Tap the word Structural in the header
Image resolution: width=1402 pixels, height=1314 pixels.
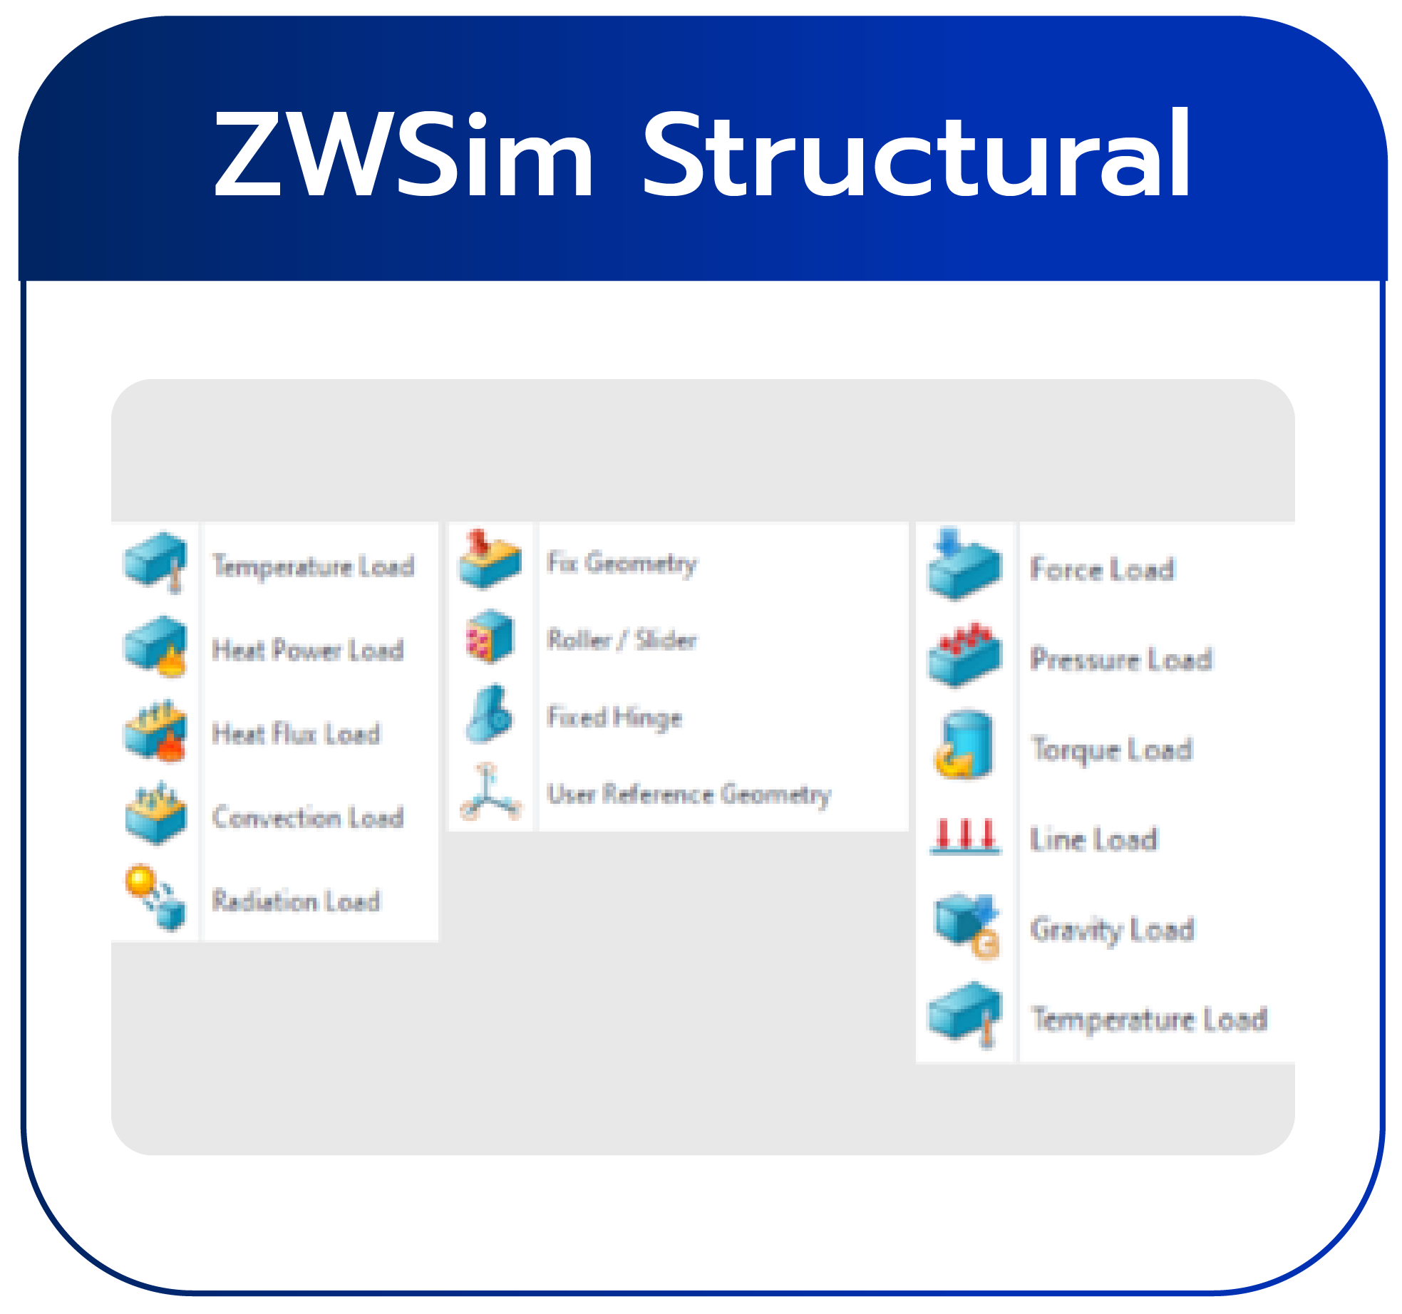pyautogui.click(x=917, y=155)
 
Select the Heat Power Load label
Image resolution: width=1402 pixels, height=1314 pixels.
pyautogui.click(x=308, y=650)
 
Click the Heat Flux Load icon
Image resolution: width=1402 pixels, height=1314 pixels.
pyautogui.click(x=155, y=732)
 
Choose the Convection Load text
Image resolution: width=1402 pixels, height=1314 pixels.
pyautogui.click(x=308, y=817)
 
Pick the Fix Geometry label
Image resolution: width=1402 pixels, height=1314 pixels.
pyautogui.click(x=622, y=564)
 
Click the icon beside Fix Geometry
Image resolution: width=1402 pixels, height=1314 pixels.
pyautogui.click(x=490, y=560)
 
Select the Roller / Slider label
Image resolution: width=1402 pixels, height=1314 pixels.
pyautogui.click(x=622, y=640)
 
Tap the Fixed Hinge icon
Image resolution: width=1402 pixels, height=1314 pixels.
pyautogui.click(x=490, y=715)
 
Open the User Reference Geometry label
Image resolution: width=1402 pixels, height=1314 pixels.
pyautogui.click(x=689, y=794)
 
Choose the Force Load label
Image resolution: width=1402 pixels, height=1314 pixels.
pyautogui.click(x=1102, y=569)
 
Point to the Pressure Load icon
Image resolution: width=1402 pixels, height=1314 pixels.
pyautogui.click(x=964, y=655)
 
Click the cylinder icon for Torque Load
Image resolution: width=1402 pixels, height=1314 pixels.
pyautogui.click(x=964, y=745)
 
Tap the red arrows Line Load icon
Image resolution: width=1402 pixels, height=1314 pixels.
pyautogui.click(x=965, y=837)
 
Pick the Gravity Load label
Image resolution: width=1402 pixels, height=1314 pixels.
pyautogui.click(x=1112, y=930)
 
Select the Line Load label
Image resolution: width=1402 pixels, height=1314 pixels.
pyautogui.click(x=1093, y=839)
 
